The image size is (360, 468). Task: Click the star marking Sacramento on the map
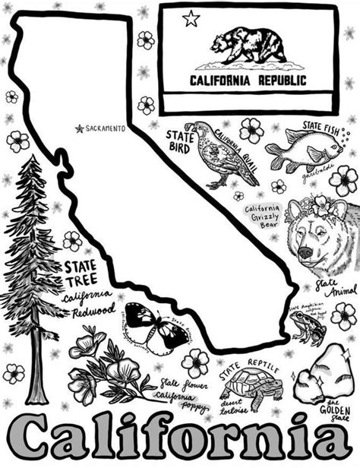pyautogui.click(x=78, y=129)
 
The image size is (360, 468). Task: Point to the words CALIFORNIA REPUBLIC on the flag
pyautogui.click(x=248, y=79)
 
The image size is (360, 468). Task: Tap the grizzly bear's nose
pyautogui.click(x=305, y=250)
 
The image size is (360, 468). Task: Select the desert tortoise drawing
pyautogui.click(x=252, y=388)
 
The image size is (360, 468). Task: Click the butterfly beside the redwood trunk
pyautogui.click(x=156, y=323)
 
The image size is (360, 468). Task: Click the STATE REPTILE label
pyautogui.click(x=248, y=371)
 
